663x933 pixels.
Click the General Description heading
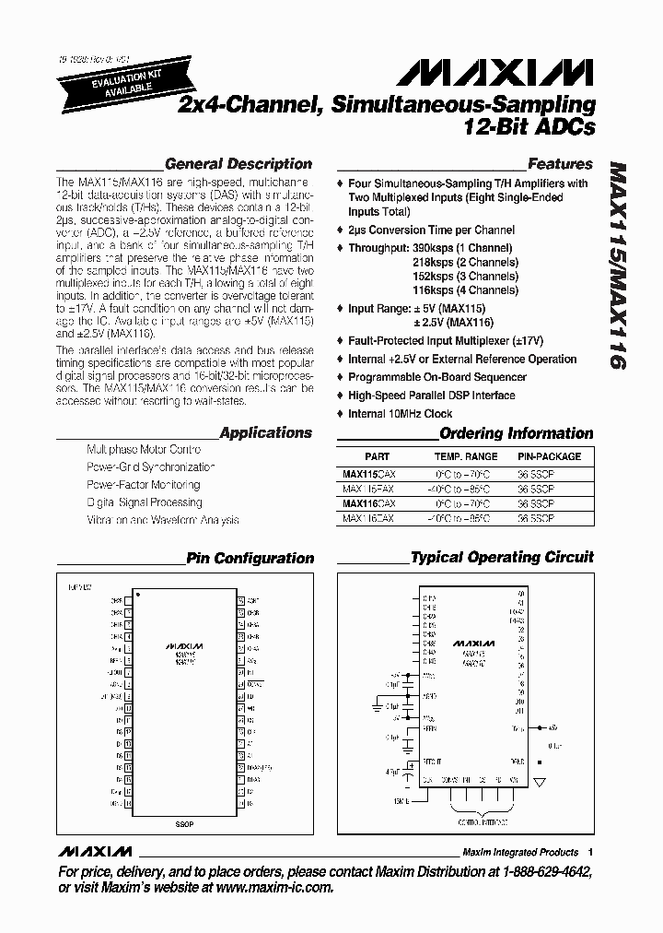238,164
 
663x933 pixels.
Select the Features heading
560,164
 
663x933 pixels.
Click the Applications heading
266,432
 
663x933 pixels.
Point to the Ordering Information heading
516,433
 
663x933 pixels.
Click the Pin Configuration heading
250,558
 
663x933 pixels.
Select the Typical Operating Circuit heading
502,557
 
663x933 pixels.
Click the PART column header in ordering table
377,456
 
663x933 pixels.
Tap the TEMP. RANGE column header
466,456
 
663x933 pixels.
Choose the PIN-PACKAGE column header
549,456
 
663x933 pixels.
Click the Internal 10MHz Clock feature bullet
400,414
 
